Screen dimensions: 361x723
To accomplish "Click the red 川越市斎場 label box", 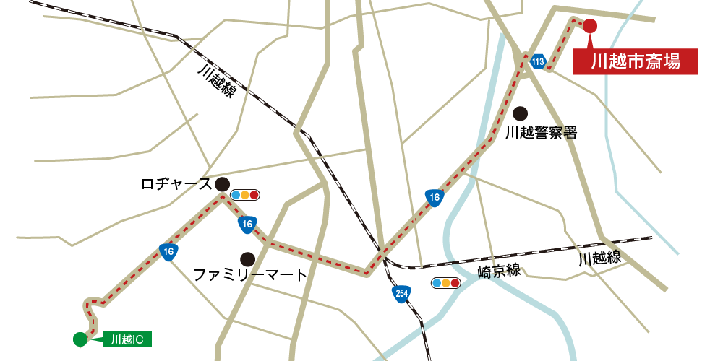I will coord(636,61).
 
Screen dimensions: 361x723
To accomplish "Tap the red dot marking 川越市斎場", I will coord(590,26).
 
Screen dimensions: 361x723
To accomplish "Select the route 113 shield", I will coord(537,62).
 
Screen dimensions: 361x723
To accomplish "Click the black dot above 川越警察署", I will coord(520,113).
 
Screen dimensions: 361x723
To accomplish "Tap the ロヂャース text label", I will coord(176,185).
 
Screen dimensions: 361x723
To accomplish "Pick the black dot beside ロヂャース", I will coord(222,184).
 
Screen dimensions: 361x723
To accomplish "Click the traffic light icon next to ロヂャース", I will coord(245,195).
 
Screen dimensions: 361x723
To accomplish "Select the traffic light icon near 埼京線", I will coord(445,283).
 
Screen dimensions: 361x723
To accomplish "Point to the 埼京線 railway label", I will coord(499,271).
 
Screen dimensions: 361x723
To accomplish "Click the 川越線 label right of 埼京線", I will coord(599,258).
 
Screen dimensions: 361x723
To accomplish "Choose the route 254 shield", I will coord(401,293).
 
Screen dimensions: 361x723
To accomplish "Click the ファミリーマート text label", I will coord(250,275).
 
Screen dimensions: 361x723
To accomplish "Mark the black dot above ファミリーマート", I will coord(247,258).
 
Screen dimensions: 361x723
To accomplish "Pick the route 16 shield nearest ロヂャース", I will coord(247,225).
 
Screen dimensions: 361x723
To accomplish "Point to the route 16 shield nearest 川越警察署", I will coord(434,197).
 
